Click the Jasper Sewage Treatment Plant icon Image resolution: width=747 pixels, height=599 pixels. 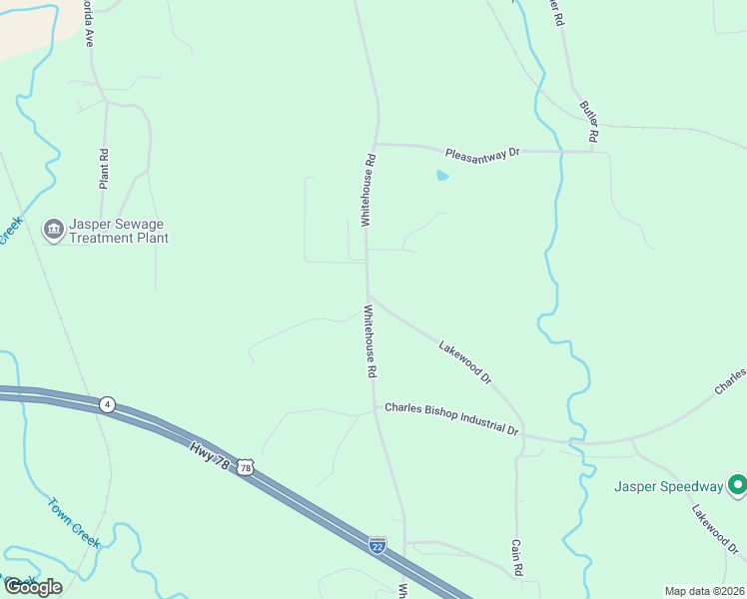click(53, 230)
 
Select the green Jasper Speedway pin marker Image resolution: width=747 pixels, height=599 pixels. click(737, 485)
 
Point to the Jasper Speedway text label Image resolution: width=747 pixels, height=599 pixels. click(667, 486)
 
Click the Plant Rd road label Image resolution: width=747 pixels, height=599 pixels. click(104, 169)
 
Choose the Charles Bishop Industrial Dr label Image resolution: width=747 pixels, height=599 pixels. click(452, 418)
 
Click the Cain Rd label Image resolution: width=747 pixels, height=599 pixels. click(517, 559)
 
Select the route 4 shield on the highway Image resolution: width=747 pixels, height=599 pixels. click(107, 404)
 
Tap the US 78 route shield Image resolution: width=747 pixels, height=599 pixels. click(246, 467)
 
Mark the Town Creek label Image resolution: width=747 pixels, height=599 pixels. click(75, 522)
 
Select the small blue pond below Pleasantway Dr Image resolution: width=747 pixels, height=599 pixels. click(441, 177)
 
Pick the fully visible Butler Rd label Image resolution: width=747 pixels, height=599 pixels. click(589, 120)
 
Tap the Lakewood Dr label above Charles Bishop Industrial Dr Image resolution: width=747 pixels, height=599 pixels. click(465, 361)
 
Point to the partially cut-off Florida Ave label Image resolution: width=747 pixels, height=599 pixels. click(88, 27)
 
